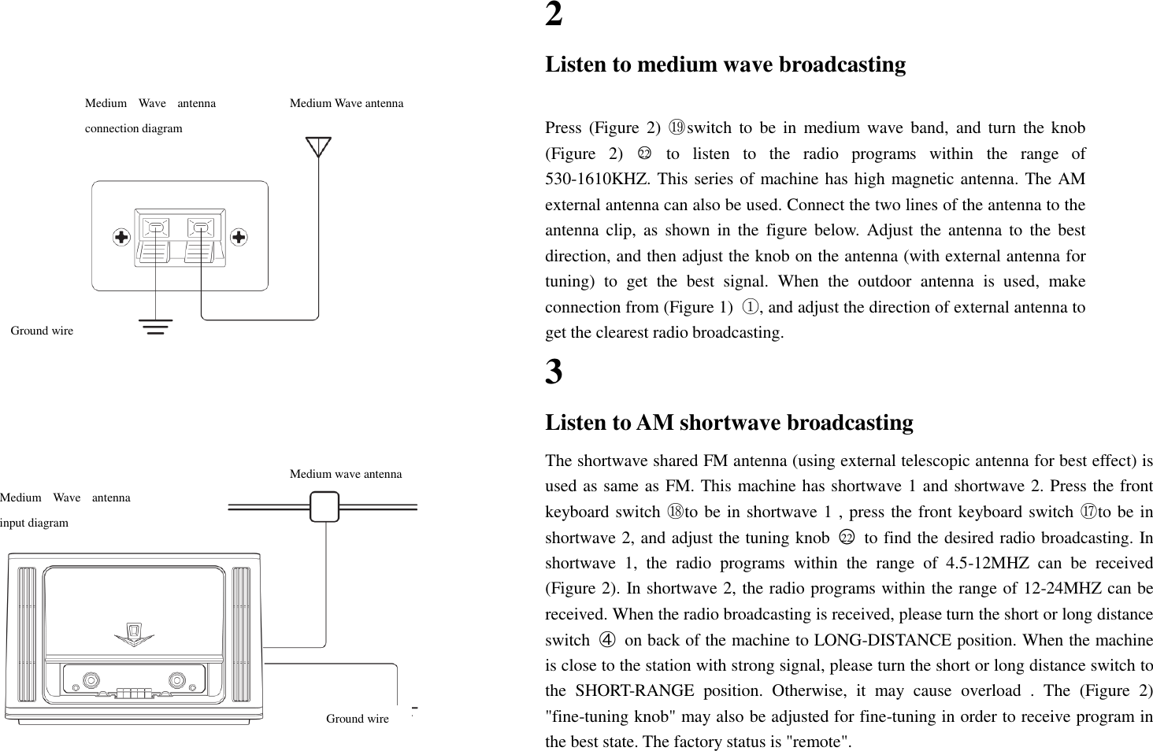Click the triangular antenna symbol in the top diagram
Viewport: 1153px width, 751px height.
point(318,146)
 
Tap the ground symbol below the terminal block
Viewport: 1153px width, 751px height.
point(156,326)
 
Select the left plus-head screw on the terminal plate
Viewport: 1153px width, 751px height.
point(120,237)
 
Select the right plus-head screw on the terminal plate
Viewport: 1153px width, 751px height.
point(239,237)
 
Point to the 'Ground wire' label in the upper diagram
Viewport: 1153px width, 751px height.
point(42,331)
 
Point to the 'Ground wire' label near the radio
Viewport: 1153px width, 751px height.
point(357,719)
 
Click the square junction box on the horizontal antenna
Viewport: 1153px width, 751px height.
point(324,506)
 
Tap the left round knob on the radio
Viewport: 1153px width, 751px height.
point(91,679)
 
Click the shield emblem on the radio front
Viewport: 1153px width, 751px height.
point(134,633)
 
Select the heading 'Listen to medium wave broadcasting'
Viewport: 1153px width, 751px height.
point(725,64)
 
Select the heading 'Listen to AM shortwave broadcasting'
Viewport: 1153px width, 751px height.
point(729,423)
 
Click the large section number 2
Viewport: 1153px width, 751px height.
point(554,15)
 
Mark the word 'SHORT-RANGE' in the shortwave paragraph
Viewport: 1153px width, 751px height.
point(621,691)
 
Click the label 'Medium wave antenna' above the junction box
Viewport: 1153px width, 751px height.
point(346,474)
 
